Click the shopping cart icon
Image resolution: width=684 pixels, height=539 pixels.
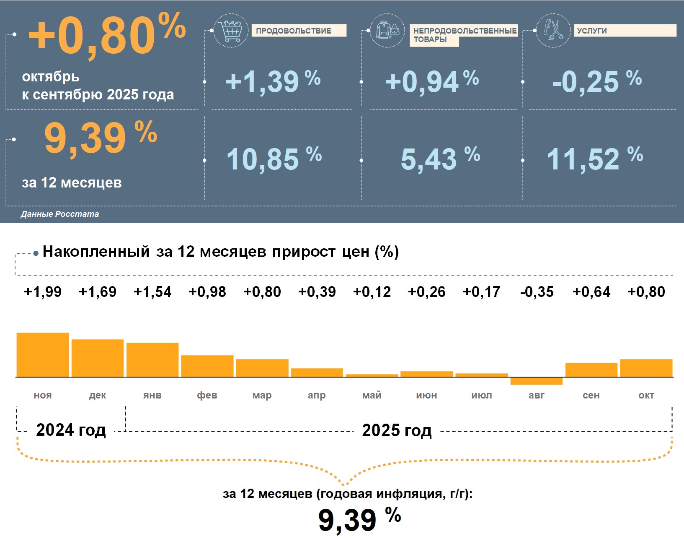[230, 31]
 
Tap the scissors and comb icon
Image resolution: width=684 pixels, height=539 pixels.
[553, 30]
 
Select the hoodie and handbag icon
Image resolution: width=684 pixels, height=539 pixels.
[387, 31]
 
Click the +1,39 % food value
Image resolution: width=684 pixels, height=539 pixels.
[273, 81]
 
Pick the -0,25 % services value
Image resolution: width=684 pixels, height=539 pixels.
[596, 81]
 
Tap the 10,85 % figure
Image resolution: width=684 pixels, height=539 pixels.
[274, 159]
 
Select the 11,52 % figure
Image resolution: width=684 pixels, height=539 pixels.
[594, 159]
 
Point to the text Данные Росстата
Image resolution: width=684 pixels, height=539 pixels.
[60, 214]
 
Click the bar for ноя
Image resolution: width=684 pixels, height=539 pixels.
[43, 354]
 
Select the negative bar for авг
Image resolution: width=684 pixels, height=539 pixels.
[536, 381]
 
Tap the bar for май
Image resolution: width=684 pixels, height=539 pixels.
[372, 375]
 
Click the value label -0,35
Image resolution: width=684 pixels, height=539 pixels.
[537, 292]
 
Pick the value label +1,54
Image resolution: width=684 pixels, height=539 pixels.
[152, 292]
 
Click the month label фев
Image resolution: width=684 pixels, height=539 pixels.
[207, 395]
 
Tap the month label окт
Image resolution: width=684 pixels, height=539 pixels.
[646, 395]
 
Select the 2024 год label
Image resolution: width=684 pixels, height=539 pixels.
[71, 430]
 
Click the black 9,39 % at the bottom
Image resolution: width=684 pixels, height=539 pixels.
[359, 519]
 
